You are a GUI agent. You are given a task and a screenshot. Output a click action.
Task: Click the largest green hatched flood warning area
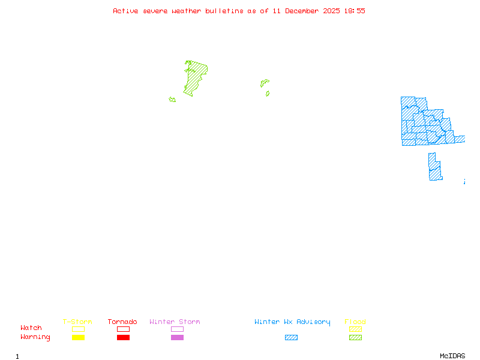194,78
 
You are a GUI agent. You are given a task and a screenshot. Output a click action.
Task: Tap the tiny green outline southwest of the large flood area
172,100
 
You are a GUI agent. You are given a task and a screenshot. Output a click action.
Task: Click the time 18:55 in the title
353,11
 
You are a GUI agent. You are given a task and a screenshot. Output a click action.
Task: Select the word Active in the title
125,11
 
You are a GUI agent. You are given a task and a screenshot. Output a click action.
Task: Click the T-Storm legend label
77,322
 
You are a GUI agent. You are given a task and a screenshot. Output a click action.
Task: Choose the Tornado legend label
122,322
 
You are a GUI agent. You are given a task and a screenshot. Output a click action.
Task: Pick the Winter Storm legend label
175,322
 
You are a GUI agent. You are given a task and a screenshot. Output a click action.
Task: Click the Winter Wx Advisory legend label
292,322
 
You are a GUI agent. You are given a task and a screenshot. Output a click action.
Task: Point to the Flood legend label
355,322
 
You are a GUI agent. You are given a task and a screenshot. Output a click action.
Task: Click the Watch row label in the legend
31,328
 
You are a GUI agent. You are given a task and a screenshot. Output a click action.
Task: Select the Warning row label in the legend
35,337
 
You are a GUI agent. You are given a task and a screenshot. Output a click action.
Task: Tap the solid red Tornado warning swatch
123,338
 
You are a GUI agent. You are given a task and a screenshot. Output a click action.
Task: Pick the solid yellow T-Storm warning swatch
78,338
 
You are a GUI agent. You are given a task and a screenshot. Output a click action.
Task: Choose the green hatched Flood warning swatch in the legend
355,338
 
